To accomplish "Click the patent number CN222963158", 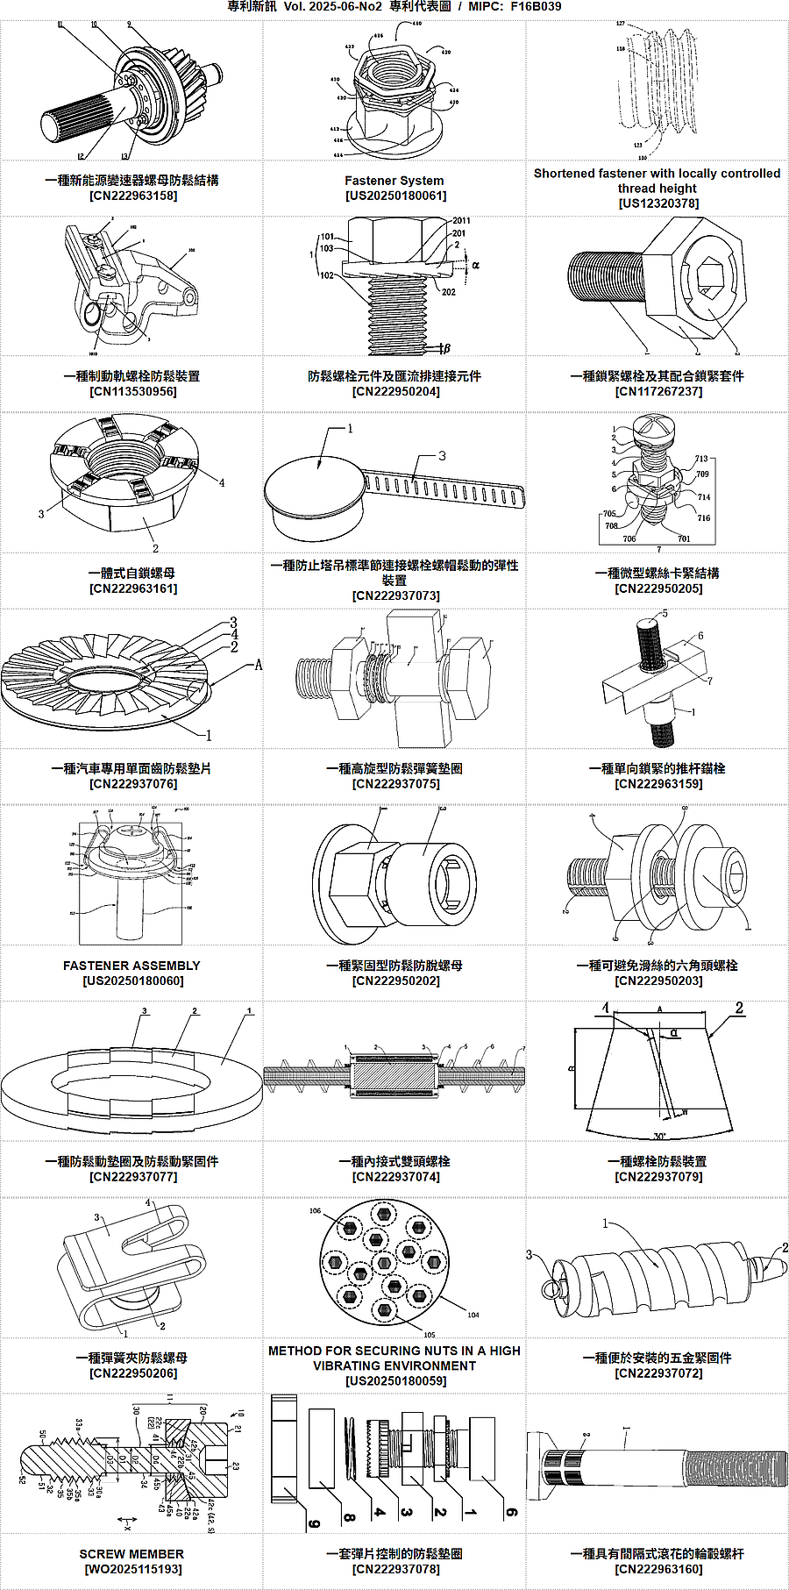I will coord(132,196).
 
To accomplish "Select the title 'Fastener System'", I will coord(394,181).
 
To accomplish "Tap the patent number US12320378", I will coord(658,203).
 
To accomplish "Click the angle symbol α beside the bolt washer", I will coord(476,264).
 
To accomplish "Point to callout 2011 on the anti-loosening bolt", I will coord(461,221).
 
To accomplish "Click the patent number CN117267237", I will coord(658,391).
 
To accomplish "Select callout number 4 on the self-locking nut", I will coord(222,482).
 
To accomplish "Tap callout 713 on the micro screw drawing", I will coord(701,459).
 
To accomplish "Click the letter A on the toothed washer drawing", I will coord(259,665).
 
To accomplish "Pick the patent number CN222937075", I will coord(395,784).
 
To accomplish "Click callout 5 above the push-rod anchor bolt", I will coord(665,614).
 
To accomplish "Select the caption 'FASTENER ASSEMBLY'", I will coord(131,966).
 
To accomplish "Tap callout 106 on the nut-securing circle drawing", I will coord(315,1211).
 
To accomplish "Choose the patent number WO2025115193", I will coord(132,1569).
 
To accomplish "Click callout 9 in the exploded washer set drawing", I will coord(314,1524).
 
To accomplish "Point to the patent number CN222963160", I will coord(658,1569).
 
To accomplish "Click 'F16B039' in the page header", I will coord(536,7).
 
